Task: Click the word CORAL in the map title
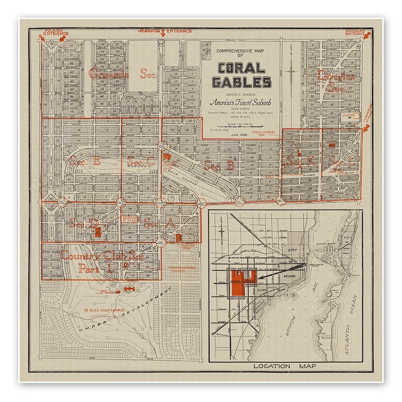(242, 68)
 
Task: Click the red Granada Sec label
(122, 74)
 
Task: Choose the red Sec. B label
(219, 165)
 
